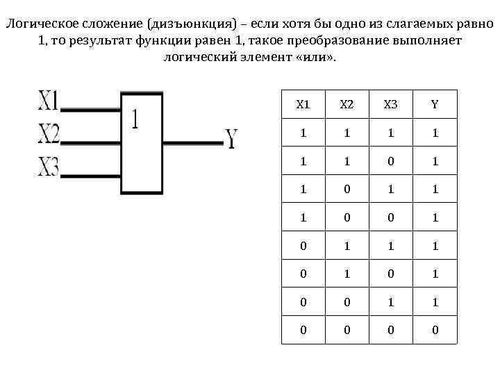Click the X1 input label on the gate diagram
[49, 102]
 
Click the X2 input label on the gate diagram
[49, 134]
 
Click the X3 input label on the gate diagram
[49, 167]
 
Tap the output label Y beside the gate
[231, 138]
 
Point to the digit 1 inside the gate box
[135, 120]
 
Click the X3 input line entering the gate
[91, 176]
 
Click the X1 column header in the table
[303, 105]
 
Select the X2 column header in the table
[347, 105]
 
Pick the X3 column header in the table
[391, 105]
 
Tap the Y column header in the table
[435, 105]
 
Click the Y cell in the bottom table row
[435, 330]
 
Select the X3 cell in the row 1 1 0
[391, 161]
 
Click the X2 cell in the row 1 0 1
[347, 189]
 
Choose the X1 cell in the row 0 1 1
[303, 245]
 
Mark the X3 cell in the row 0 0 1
[391, 301]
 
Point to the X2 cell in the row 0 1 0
[347, 274]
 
